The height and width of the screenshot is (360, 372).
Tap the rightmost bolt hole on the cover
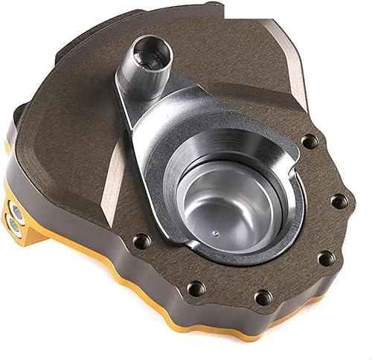[x=333, y=200]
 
